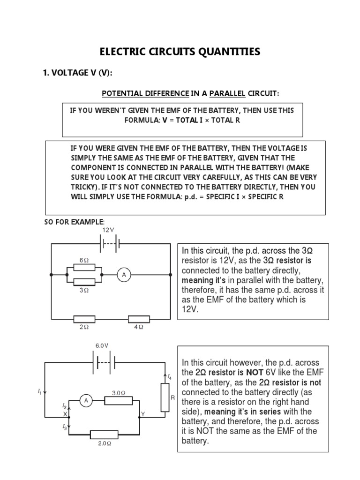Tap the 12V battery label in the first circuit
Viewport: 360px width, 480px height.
(108, 230)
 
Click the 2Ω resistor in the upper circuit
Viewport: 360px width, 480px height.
(84, 319)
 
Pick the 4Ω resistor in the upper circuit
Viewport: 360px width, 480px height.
(139, 319)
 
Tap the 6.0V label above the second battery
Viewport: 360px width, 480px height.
(102, 345)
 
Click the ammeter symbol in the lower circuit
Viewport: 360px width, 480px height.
(85, 400)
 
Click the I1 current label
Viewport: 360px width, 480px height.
(39, 390)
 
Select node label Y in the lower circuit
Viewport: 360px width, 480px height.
(143, 413)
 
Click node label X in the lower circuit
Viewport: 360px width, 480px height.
(65, 413)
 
